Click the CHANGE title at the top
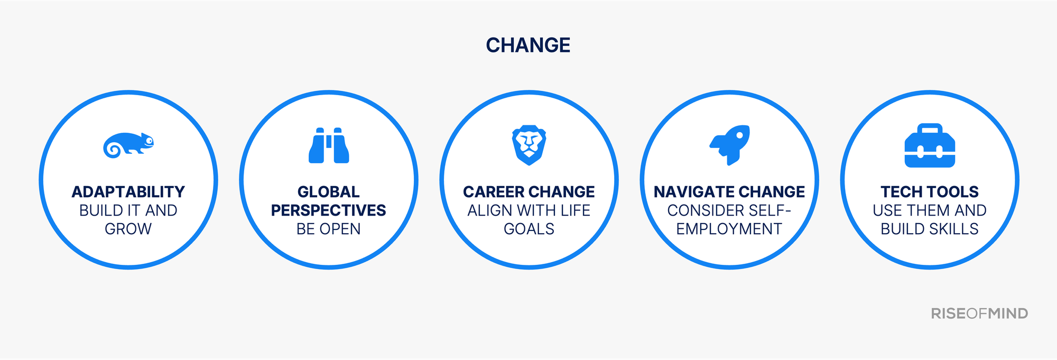tap(528, 45)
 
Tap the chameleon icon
tap(128, 145)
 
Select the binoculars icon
tap(329, 145)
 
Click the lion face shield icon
tap(529, 145)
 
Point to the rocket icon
tap(730, 145)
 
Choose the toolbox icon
tap(930, 145)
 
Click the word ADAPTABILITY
tap(128, 192)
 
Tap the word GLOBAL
tap(329, 192)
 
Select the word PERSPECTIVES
tap(329, 210)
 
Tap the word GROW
tap(128, 229)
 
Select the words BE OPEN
tap(329, 229)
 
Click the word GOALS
tap(529, 229)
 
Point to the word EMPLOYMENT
tap(729, 229)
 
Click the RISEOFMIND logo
tap(979, 313)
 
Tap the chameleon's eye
tap(150, 141)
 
